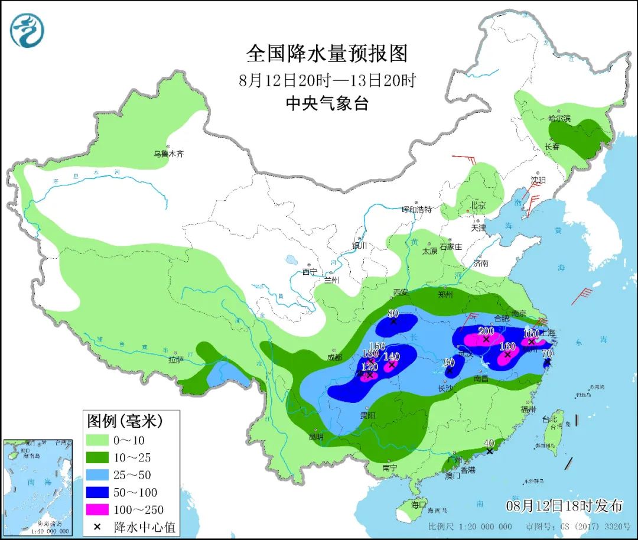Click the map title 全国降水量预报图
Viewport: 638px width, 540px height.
(327, 54)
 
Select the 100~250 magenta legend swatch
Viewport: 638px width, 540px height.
(106, 509)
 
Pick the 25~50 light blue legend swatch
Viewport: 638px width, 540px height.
(106, 474)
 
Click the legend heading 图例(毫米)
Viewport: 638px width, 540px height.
(125, 422)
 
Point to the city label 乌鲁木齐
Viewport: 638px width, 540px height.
(169, 154)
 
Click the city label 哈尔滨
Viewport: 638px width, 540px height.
(559, 119)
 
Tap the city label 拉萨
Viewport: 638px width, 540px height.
(176, 359)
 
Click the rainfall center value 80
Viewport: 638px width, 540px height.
(393, 314)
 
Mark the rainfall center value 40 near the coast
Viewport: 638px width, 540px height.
(489, 443)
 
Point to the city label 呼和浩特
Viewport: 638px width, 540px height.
(417, 210)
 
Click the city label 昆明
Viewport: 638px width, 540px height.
(316, 437)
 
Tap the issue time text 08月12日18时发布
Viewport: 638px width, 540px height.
(564, 506)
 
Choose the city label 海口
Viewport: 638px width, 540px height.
(419, 505)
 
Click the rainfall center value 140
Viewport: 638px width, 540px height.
(392, 356)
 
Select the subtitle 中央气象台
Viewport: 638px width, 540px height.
(327, 104)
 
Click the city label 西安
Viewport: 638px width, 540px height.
(401, 292)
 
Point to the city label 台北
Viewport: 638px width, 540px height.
(549, 419)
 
